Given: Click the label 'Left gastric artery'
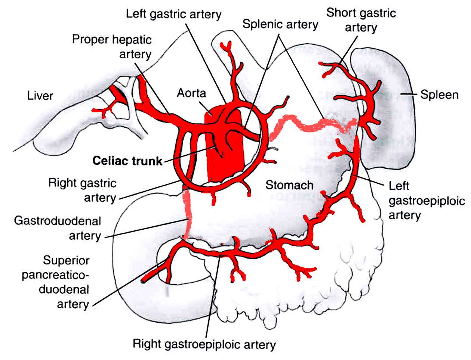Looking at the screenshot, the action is coord(173,14).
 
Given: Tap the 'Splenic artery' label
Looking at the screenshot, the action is coord(280,24).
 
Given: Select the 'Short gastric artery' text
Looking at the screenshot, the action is coord(361,20).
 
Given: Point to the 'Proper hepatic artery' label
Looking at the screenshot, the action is coord(112,47).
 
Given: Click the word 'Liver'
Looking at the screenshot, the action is coord(40,95).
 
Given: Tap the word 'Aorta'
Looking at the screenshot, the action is coord(191,93).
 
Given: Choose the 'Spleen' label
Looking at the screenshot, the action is coord(439,94).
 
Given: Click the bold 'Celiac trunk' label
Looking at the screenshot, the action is coord(127,161).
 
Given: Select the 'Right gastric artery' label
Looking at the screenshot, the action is coord(82,190).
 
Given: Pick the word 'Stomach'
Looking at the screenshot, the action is coord(289,185).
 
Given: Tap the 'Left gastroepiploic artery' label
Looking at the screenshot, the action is coord(427,201).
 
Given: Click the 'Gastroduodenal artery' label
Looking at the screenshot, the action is coord(58,228).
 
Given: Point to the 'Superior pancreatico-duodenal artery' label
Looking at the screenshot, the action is coord(55,282).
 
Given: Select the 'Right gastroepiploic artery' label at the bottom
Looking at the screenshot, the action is coord(204,344).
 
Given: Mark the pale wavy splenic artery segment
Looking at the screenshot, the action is coord(311,127).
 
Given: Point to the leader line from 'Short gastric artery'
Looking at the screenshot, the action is coord(348,50).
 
